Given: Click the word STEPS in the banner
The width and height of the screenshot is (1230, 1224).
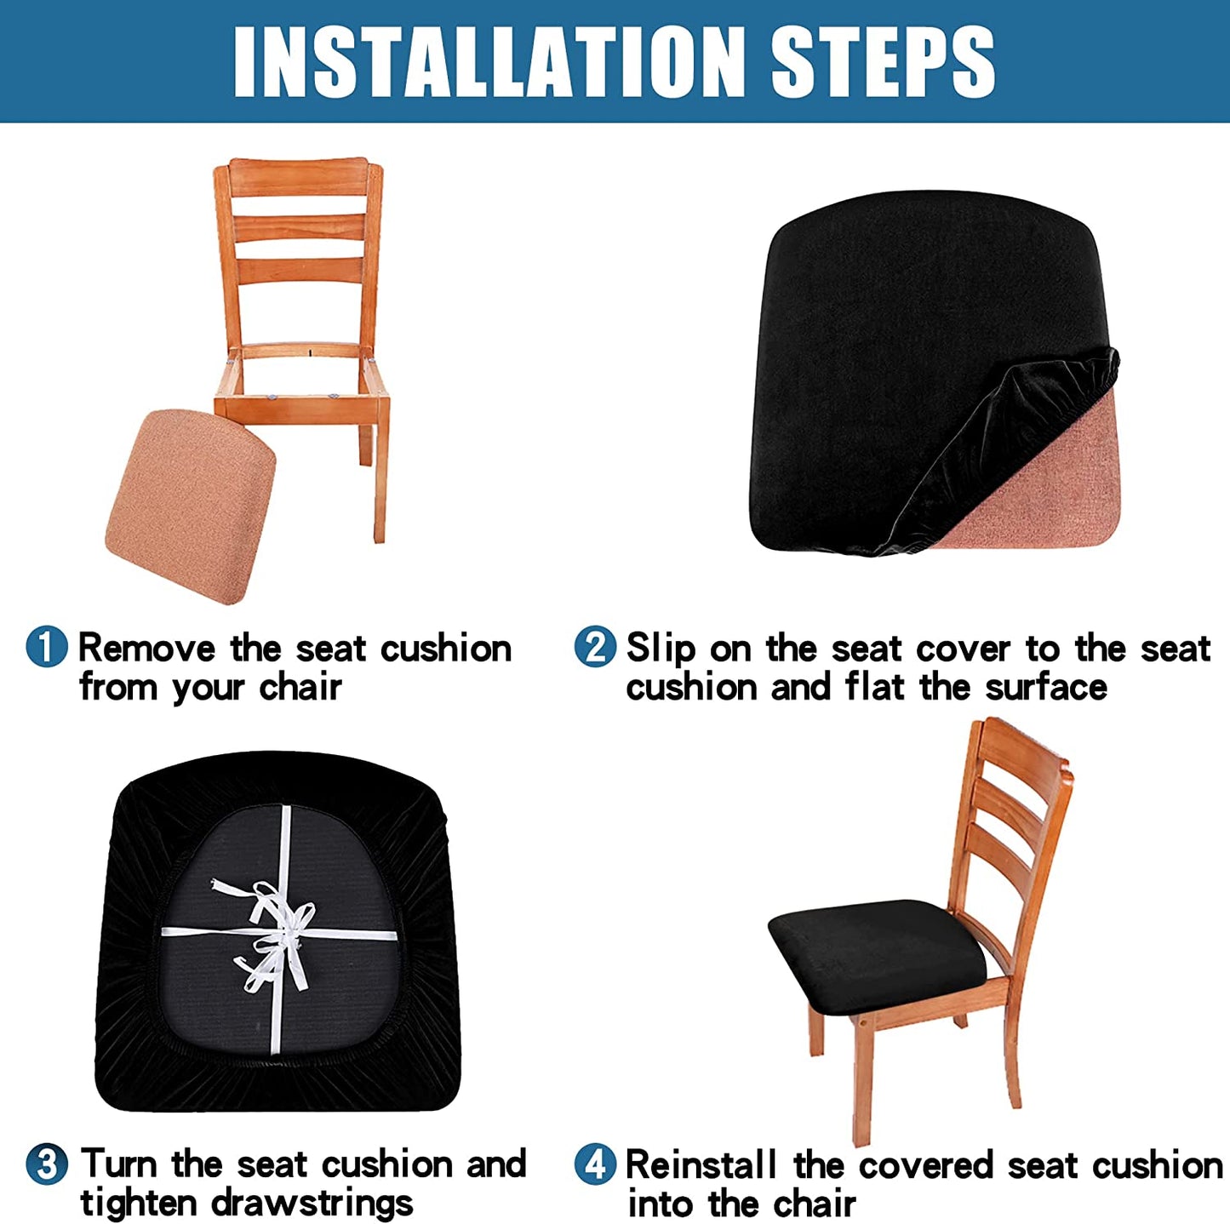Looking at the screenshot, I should (882, 61).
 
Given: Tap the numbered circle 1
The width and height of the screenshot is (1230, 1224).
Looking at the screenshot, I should (47, 647).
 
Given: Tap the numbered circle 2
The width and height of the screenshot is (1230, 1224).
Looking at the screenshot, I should (595, 647).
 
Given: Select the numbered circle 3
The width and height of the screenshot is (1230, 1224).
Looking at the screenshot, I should (47, 1164).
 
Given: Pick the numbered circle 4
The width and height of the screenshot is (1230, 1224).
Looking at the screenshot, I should (595, 1164).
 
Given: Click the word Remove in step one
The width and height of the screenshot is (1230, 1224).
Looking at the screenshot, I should (146, 649).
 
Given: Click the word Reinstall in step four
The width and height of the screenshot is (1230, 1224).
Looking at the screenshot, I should (701, 1164).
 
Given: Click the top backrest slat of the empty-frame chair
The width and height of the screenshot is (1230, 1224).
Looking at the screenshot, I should (298, 177).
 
